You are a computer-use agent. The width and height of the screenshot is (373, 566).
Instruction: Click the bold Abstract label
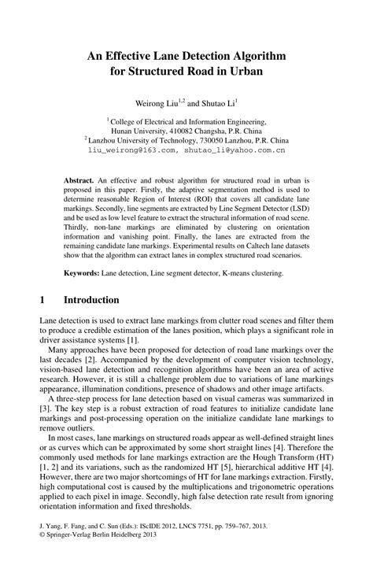coord(79,180)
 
